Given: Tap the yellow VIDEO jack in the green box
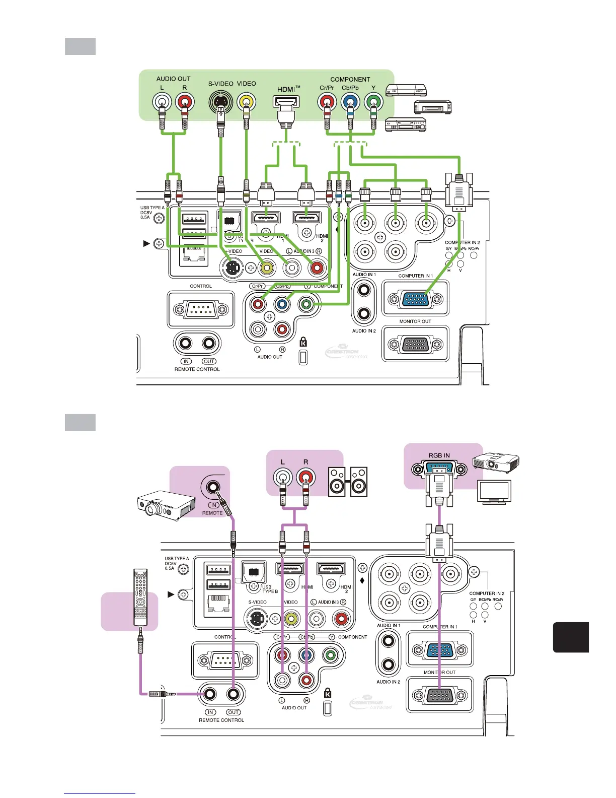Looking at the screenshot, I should tap(246, 102).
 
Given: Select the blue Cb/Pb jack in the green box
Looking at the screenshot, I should tap(350, 102).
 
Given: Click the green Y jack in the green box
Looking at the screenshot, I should tap(373, 102).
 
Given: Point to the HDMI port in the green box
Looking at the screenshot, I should tap(286, 102).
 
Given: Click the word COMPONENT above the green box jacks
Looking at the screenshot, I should tap(350, 79).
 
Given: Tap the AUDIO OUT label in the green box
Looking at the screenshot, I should tap(173, 79).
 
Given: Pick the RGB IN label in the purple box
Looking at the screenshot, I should tap(439, 455).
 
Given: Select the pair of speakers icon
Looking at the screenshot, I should tap(348, 482).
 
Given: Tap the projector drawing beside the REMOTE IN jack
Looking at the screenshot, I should tap(166, 505).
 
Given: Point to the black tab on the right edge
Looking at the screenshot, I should tap(571, 637).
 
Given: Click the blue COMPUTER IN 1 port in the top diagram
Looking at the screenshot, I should tap(415, 299).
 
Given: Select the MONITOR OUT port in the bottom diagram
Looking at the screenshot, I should tap(440, 696).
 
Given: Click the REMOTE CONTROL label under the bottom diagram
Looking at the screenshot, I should tap(221, 720).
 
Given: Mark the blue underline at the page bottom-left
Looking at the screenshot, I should tap(100, 793).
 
